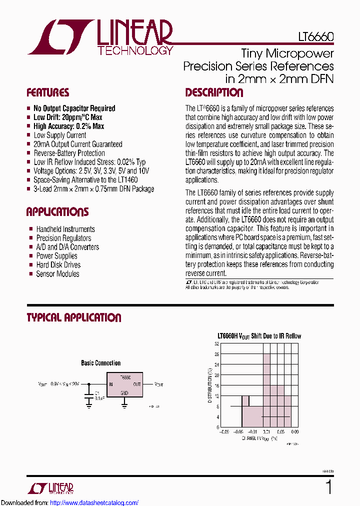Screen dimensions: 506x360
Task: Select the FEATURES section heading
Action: [47, 93]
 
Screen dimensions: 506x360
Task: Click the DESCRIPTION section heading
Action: [214, 93]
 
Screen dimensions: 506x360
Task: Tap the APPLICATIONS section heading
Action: [57, 212]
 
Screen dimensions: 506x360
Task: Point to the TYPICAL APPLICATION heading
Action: [73, 318]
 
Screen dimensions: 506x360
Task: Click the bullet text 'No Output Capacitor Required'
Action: [74, 108]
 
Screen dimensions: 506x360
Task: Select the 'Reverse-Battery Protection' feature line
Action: [69, 153]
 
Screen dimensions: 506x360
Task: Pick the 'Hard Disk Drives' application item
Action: [58, 265]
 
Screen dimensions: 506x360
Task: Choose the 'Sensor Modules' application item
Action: [57, 274]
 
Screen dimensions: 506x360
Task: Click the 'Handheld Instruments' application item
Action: [65, 229]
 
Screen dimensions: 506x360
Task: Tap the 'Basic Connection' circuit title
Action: [100, 363]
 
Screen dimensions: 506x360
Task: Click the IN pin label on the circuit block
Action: [110, 384]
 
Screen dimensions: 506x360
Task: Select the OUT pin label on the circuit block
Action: [137, 384]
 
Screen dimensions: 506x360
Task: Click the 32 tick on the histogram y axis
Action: [217, 344]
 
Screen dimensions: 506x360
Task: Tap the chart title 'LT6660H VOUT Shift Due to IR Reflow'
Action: [259, 336]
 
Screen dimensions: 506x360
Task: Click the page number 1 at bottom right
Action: [328, 487]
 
